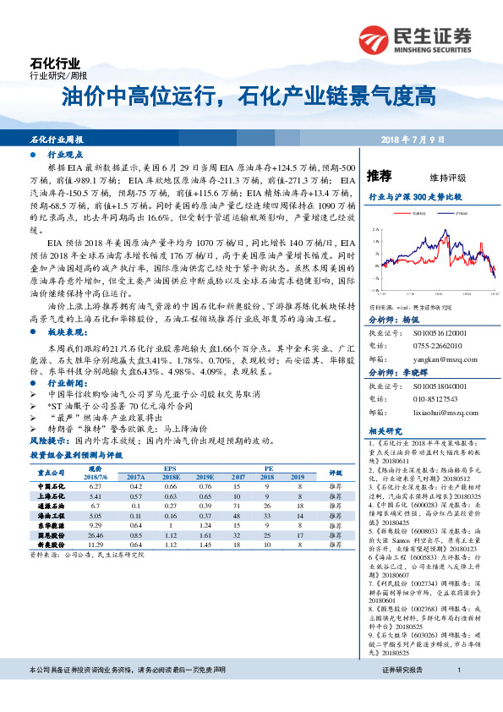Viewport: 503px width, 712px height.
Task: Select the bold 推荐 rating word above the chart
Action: pyautogui.click(x=380, y=176)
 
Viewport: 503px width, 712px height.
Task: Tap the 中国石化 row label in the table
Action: pyautogui.click(x=52, y=487)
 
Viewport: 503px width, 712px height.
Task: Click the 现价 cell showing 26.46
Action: pyautogui.click(x=95, y=535)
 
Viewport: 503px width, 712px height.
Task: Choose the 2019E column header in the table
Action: pyautogui.click(x=205, y=477)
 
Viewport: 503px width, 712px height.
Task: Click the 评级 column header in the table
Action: pyautogui.click(x=334, y=473)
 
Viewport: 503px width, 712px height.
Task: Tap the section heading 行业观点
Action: pyautogui.click(x=65, y=156)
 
